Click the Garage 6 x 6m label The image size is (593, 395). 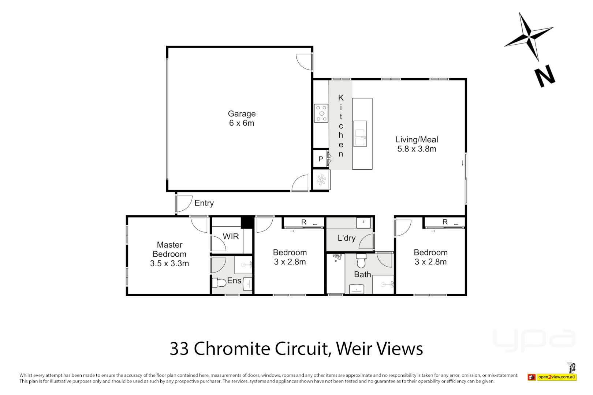point(242,118)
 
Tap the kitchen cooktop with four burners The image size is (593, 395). point(321,113)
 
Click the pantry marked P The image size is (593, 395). point(320,159)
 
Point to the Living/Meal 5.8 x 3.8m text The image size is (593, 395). point(417,144)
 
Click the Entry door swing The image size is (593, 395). point(184,204)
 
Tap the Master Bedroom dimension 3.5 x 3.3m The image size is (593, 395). point(169,264)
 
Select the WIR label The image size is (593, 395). point(231,237)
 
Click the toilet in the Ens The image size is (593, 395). point(219,283)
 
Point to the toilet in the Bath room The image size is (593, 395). point(361,262)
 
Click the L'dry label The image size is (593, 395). point(346,238)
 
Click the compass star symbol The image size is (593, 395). point(529,37)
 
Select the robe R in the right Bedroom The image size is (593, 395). point(445,222)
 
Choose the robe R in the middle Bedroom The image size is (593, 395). point(303,222)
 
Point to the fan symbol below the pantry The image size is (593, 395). point(321,180)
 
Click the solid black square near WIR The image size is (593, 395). point(247,222)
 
